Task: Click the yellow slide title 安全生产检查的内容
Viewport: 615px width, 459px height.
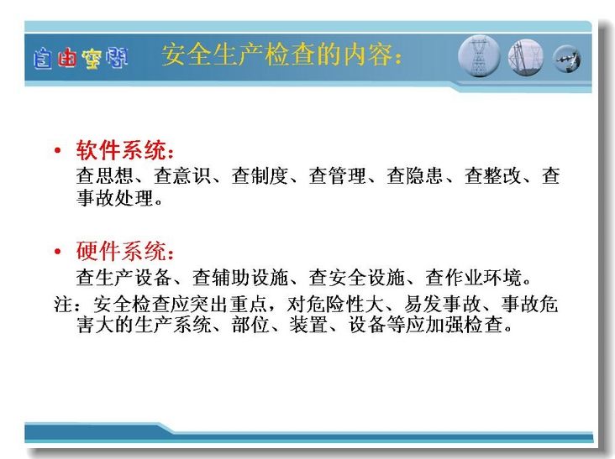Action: click(277, 55)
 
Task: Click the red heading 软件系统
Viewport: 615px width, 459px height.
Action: click(121, 149)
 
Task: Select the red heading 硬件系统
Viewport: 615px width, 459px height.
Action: click(121, 251)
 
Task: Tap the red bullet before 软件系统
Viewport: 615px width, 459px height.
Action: click(58, 150)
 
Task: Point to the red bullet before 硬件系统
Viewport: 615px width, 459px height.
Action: click(58, 251)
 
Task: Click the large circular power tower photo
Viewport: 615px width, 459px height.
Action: click(479, 55)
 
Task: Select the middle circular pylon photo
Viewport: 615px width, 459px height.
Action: click(526, 57)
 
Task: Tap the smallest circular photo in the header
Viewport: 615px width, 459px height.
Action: click(567, 59)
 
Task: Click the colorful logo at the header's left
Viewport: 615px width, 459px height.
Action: click(81, 59)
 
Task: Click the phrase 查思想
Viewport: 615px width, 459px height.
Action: click(104, 175)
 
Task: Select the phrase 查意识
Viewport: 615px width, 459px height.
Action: click(182, 175)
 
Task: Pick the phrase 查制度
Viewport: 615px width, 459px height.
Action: click(260, 175)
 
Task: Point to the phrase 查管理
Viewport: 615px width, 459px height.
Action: click(337, 175)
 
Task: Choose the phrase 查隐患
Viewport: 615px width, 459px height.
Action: click(415, 175)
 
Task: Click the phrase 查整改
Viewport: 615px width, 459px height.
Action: click(493, 175)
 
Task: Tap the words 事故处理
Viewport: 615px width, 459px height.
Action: click(114, 198)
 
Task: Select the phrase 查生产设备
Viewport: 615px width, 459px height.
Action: click(124, 277)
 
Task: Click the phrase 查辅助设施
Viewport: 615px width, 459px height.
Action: click(240, 277)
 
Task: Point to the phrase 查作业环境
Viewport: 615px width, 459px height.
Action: click(473, 277)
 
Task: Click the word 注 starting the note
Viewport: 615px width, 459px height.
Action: click(63, 304)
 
